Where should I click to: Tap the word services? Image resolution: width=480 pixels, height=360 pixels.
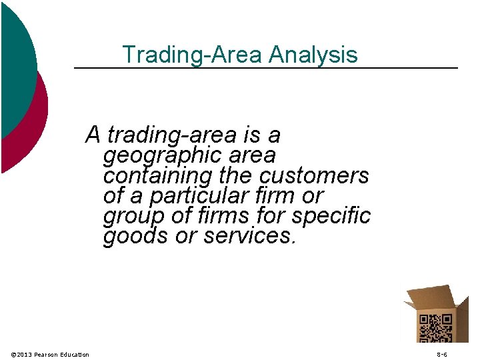point(249,237)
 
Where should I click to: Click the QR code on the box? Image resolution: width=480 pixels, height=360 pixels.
point(435,327)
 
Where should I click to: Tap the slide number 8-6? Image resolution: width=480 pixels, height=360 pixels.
point(442,354)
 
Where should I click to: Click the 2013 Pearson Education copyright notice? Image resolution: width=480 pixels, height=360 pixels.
point(51,354)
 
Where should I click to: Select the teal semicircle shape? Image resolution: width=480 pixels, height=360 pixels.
point(17,60)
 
